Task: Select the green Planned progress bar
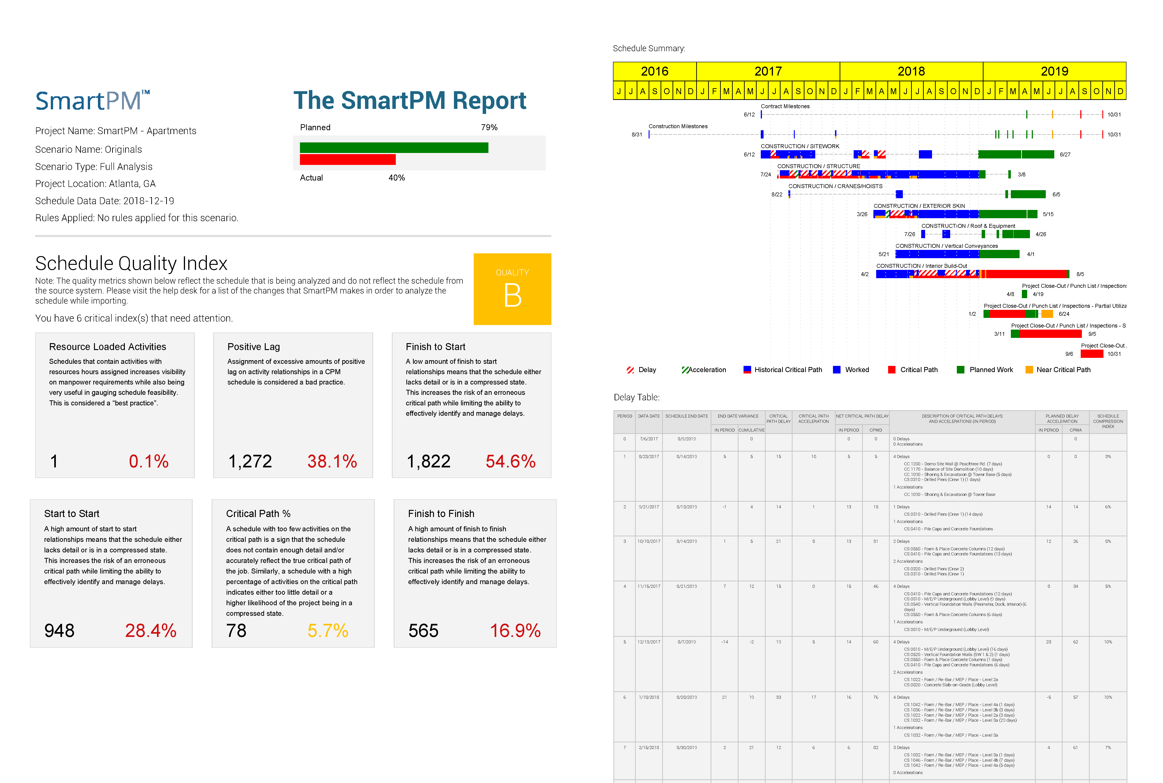[x=394, y=148]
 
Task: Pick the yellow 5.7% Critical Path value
[x=328, y=631]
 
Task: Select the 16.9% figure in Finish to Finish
[x=515, y=631]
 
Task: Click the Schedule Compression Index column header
[x=1108, y=421]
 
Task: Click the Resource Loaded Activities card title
[x=107, y=347]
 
